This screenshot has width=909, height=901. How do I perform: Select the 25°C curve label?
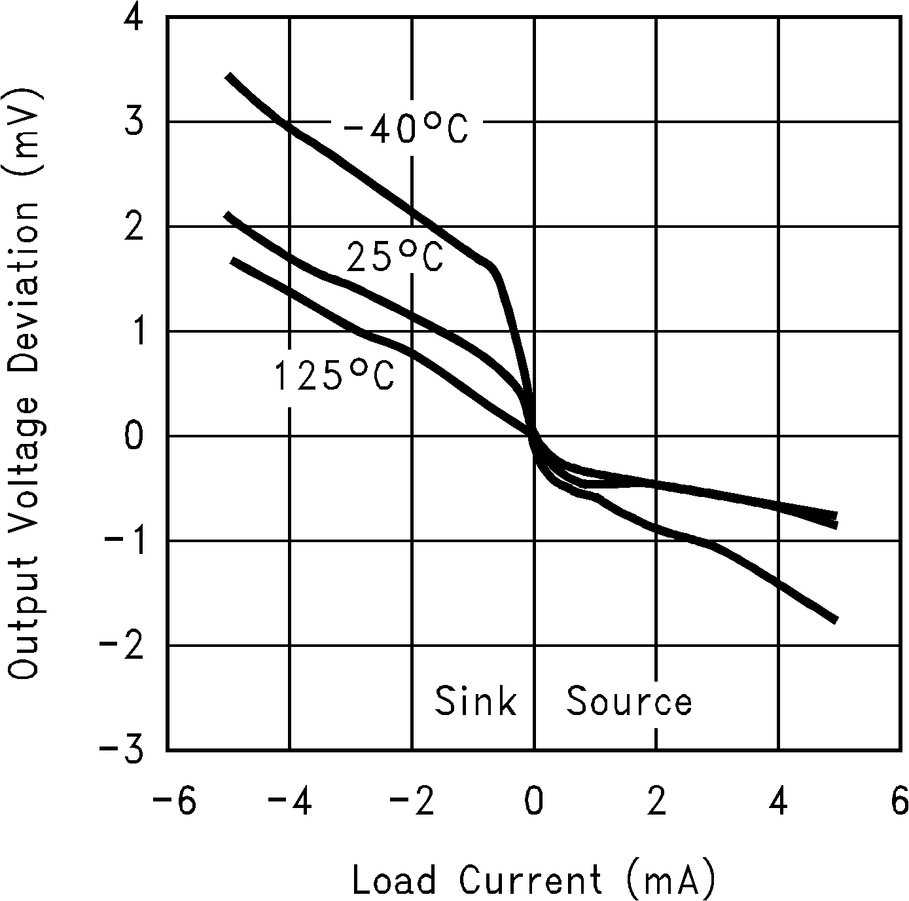tap(395, 257)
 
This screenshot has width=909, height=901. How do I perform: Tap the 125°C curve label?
tap(333, 377)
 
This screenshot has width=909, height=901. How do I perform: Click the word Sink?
tap(476, 701)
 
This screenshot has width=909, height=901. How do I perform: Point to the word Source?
tap(628, 701)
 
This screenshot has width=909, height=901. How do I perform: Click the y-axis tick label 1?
tap(134, 331)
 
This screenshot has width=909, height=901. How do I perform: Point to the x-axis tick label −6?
tap(174, 801)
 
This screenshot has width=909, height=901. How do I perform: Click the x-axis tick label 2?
tap(656, 801)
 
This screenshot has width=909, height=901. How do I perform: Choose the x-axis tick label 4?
tap(779, 801)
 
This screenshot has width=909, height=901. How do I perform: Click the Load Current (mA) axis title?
tap(534, 879)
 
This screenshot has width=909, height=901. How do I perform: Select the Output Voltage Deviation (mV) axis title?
tap(25, 384)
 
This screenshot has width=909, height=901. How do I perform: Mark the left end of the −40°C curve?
tap(228, 77)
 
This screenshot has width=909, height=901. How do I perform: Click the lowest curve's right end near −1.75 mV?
tap(835, 619)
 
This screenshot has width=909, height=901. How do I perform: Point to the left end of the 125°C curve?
tap(233, 261)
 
